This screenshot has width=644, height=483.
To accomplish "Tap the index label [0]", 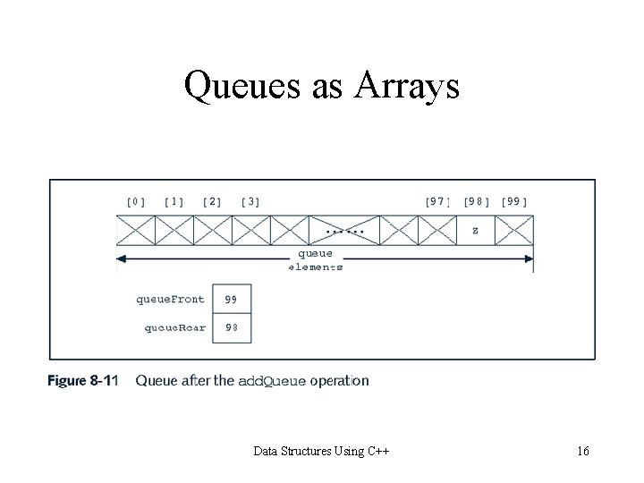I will point(135,202).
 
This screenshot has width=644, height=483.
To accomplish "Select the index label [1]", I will point(174,202).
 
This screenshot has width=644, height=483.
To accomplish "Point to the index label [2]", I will point(212,202).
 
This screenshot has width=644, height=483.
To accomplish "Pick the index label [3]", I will point(250,202).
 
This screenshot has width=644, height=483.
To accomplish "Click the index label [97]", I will point(436,202).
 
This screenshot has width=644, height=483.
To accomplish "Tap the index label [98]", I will point(476,202).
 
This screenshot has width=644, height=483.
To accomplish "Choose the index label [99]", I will point(514,202).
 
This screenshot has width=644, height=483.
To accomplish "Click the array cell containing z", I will point(475,230).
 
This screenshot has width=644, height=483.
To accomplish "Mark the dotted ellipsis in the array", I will point(344,231).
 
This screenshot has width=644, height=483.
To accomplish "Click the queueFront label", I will point(170,300).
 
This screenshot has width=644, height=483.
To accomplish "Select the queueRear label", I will point(175,327).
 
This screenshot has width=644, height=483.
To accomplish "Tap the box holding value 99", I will point(232,300).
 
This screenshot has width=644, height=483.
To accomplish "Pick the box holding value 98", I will point(232,327).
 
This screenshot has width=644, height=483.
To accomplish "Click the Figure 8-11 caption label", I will point(82,381).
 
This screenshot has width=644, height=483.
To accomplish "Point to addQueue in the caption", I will point(273,381).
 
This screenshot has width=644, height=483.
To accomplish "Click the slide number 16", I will point(582,451).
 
